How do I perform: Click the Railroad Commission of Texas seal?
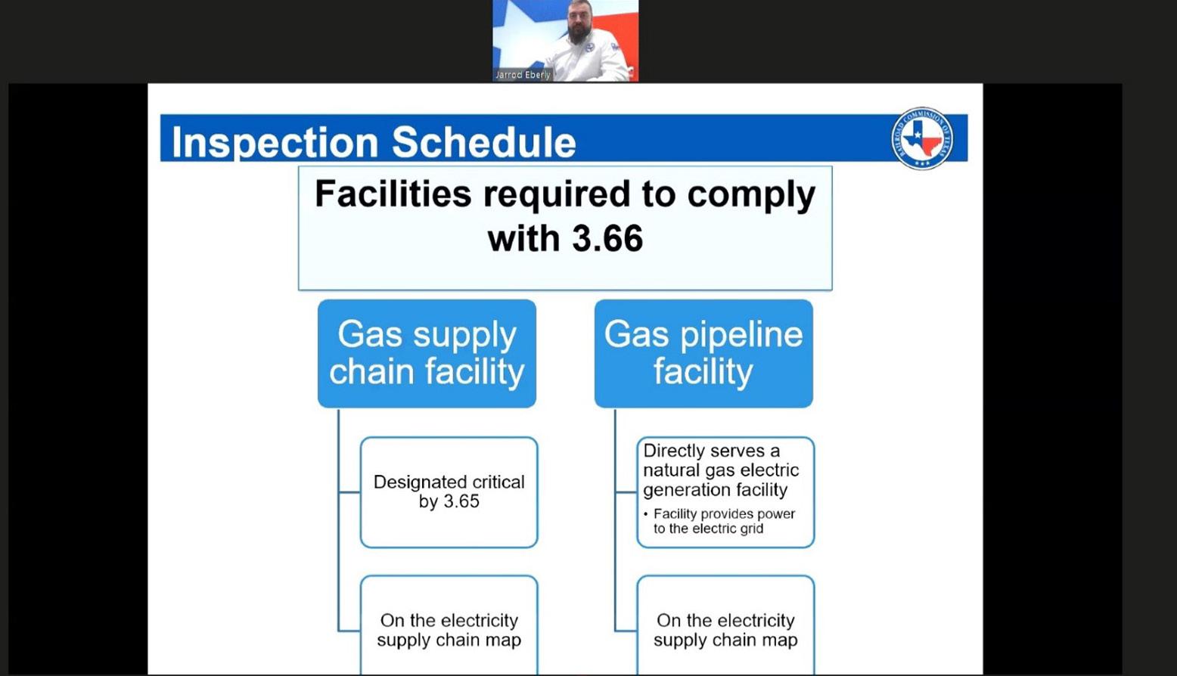(922, 138)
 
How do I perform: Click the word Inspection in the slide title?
(275, 142)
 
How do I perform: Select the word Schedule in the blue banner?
(484, 142)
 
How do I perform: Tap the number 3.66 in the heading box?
(607, 238)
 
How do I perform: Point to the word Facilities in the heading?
(393, 194)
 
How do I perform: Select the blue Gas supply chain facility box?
(427, 353)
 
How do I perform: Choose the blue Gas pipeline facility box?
(703, 353)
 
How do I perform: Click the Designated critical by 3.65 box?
(449, 492)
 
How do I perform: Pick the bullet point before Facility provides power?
(646, 513)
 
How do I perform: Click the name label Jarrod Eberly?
(523, 75)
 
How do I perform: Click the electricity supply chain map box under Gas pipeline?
(725, 625)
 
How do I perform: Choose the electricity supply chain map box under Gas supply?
(449, 625)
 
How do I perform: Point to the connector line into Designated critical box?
(349, 492)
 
